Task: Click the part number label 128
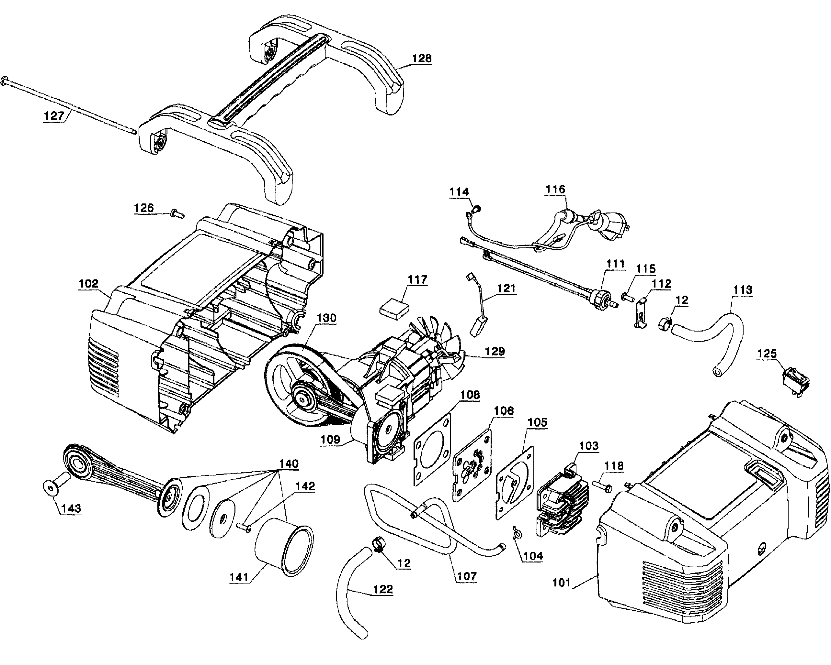pos(422,59)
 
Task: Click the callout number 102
pos(89,284)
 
